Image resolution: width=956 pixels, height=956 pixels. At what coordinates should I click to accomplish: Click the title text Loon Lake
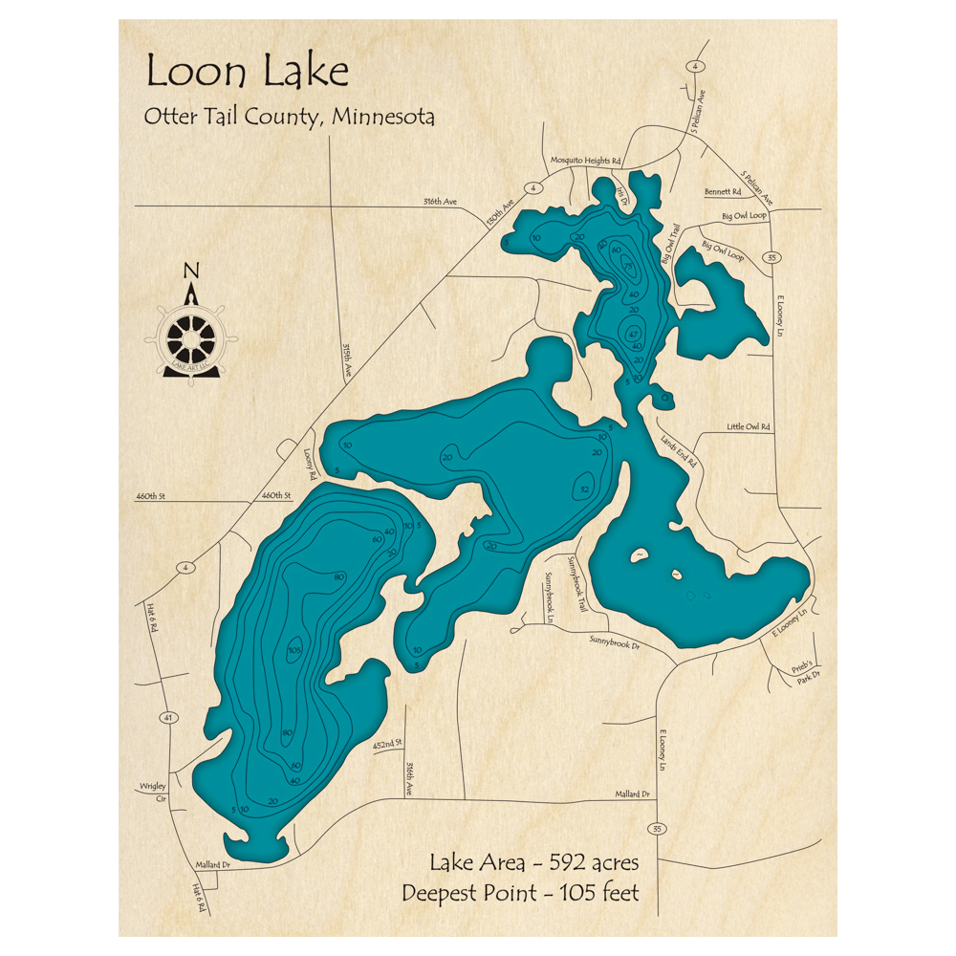pos(247,73)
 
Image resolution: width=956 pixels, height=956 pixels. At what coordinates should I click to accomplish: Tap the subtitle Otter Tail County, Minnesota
pos(290,117)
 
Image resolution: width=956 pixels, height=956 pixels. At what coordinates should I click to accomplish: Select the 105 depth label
pos(294,650)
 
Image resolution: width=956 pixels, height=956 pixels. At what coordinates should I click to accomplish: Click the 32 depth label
pos(583,489)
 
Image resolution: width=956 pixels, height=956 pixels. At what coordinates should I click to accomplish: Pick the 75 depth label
pos(629,265)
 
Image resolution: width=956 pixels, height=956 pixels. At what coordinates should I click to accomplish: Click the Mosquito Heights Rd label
pos(587,161)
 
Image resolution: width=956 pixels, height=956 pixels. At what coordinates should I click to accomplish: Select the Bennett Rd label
pos(723,192)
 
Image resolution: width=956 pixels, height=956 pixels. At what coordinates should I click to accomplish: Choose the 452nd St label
pos(387,743)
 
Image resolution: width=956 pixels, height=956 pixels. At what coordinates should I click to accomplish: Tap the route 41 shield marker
pos(167,717)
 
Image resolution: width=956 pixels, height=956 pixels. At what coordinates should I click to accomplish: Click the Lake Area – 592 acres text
pos(533,863)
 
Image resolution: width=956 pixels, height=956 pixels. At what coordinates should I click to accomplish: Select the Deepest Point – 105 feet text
pos(520,894)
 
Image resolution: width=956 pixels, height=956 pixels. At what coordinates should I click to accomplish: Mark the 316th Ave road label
pos(442,202)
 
